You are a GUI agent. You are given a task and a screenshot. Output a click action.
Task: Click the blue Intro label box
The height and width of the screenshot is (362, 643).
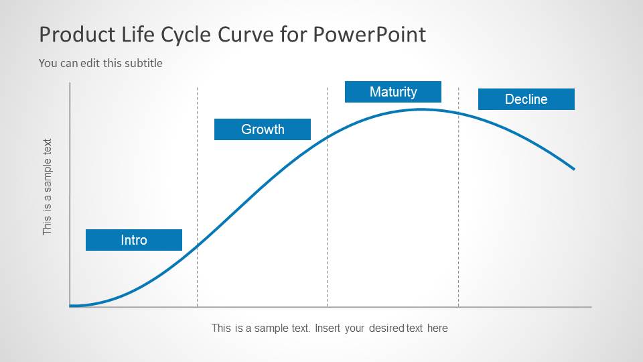coord(134,240)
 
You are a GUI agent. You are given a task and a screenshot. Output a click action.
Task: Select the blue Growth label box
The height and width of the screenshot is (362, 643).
coord(263,129)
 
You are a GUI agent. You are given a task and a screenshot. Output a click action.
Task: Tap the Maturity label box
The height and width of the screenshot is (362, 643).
coord(393,92)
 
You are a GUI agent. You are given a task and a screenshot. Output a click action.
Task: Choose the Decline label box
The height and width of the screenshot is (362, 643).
coord(526,99)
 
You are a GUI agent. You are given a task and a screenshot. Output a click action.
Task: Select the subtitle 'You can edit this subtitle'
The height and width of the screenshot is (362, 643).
coord(100,63)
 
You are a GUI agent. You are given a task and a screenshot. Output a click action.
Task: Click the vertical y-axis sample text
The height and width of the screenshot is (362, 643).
coord(47,186)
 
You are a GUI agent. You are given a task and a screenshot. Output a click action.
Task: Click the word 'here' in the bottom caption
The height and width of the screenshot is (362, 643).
coord(437,328)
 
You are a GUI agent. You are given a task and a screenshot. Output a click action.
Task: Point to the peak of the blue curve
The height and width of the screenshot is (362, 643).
coord(421,109)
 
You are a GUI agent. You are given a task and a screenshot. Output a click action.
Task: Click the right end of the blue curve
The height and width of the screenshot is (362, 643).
coord(573,168)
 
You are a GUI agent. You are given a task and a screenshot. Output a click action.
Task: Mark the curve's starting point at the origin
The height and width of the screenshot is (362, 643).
coord(71,306)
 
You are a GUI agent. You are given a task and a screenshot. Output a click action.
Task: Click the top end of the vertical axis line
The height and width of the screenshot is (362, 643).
coord(70,84)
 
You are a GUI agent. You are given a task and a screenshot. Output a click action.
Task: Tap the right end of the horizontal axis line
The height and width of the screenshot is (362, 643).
coord(590,307)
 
